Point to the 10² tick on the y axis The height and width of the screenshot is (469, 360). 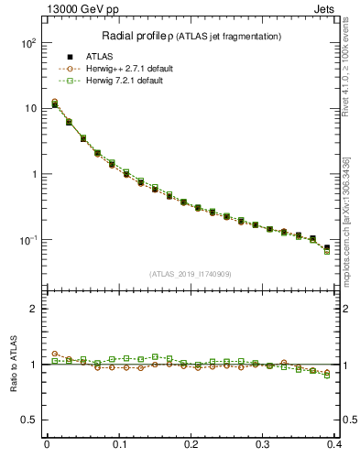[27, 43]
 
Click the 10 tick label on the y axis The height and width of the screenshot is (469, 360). [29, 109]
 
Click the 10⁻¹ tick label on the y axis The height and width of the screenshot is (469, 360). [27, 240]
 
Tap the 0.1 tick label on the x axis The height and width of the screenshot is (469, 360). [119, 446]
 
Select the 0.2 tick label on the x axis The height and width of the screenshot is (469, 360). [191, 446]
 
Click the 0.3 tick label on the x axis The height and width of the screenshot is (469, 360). [264, 446]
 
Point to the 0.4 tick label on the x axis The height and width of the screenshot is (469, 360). [335, 446]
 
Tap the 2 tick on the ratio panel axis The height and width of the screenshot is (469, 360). [33, 309]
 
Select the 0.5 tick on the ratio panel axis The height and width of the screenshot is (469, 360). [29, 420]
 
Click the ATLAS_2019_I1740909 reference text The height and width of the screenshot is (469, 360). [190, 273]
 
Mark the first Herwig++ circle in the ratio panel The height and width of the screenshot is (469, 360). [55, 354]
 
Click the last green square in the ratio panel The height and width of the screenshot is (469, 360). [327, 376]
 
